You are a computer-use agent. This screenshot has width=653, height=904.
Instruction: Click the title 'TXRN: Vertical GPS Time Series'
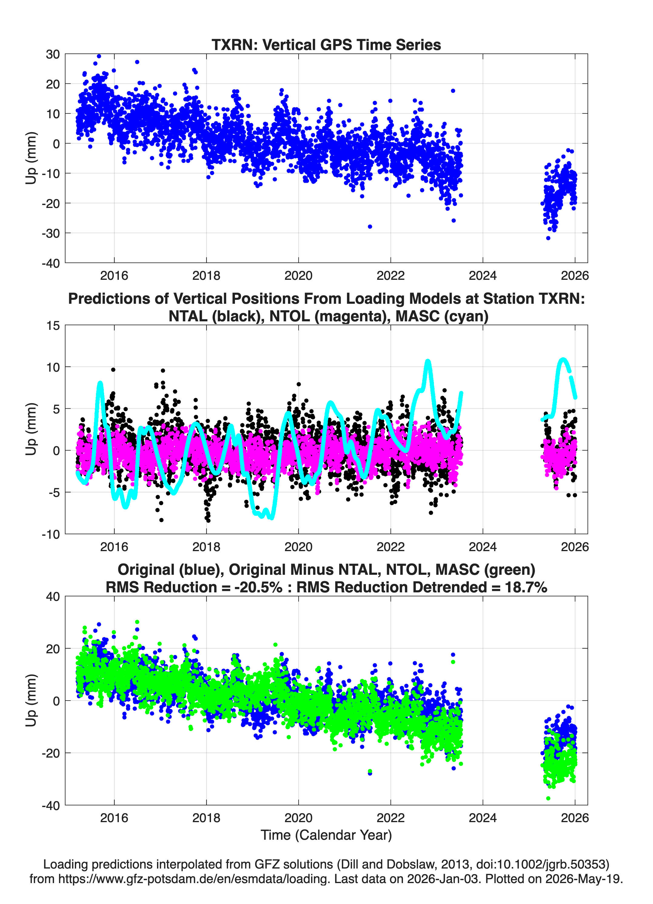326,45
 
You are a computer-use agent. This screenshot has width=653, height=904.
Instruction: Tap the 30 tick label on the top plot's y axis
53,54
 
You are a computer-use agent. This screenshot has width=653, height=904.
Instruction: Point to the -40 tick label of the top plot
51,263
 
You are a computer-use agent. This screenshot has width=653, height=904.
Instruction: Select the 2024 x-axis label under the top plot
482,276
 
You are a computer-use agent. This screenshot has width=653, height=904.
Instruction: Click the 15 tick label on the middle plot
53,326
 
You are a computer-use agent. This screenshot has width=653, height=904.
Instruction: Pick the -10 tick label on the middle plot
51,534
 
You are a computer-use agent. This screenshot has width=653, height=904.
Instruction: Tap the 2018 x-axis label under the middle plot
206,547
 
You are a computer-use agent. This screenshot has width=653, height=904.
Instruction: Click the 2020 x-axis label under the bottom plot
298,818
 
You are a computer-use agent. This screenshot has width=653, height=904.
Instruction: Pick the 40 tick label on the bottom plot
53,597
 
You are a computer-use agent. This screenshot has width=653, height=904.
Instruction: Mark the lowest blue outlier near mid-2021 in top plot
370,226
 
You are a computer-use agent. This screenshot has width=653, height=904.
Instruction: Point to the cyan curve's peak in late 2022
428,361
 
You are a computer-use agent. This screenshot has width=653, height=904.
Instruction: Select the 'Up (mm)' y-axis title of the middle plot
31,429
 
